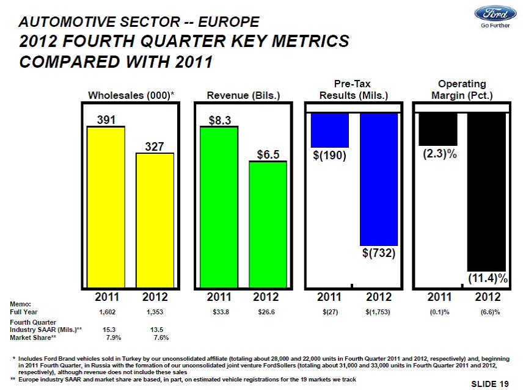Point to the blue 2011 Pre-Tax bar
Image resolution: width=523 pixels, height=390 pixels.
(x=330, y=129)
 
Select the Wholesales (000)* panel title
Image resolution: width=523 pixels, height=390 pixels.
(x=131, y=95)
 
